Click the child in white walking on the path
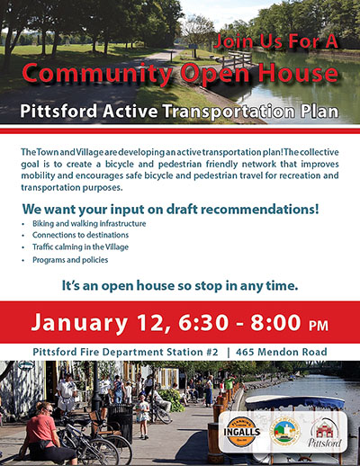(x=143, y=415)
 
